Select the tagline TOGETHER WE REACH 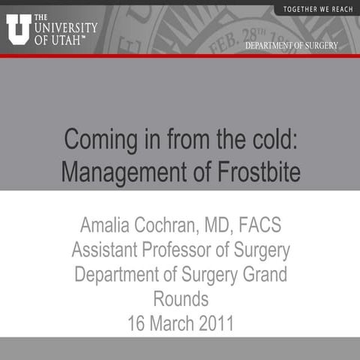[318, 9]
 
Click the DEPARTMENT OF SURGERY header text [291, 46]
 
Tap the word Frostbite [259, 173]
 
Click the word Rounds [180, 299]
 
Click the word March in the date [165, 324]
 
